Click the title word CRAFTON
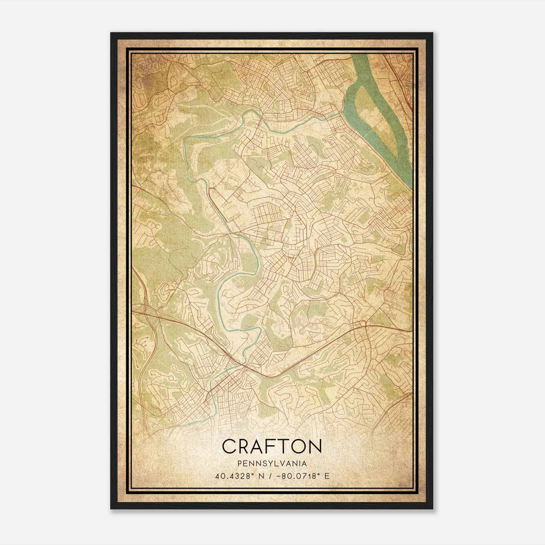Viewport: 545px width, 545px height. (x=272, y=447)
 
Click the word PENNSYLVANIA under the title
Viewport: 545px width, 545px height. (x=272, y=464)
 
